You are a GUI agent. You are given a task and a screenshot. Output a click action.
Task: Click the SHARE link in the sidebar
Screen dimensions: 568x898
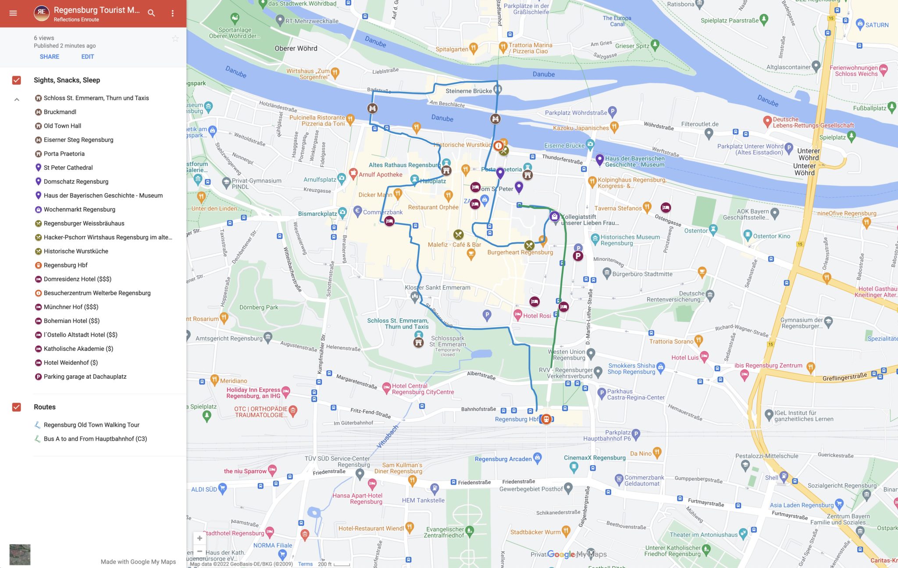coord(49,57)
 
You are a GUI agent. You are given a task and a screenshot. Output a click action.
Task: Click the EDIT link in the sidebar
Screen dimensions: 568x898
coord(87,57)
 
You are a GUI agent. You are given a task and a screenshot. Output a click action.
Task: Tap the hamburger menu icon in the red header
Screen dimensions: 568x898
coord(13,13)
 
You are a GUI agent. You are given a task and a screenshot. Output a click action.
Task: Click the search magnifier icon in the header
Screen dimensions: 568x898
coord(151,13)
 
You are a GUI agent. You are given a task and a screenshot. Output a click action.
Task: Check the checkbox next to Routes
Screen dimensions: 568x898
coord(17,407)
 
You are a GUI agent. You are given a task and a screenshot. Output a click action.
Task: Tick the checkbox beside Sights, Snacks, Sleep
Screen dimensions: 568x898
coord(17,80)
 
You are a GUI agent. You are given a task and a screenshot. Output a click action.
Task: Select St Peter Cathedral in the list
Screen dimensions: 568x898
coord(68,168)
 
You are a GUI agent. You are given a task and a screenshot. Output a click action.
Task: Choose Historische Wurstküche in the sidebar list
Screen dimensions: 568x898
coord(76,251)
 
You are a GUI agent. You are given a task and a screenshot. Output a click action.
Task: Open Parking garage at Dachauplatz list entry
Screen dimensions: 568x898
coord(85,377)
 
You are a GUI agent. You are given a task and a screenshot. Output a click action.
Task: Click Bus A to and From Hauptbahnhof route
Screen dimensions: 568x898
coord(95,439)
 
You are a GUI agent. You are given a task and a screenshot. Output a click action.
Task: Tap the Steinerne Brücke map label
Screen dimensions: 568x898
coord(468,91)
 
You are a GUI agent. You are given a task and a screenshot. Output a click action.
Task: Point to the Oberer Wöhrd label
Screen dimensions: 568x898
coord(296,48)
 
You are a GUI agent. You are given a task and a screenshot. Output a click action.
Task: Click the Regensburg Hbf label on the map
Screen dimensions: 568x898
coord(517,419)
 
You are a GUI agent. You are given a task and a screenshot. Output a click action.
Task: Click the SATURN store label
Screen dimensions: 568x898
coord(877,25)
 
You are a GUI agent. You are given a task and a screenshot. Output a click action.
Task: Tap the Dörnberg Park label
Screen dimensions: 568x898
coord(259,307)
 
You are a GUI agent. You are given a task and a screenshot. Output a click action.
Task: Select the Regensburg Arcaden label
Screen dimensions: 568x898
coord(503,459)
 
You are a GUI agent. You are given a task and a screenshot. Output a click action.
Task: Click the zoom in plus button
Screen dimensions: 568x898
coord(200,538)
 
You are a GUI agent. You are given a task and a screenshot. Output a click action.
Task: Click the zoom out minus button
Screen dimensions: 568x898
coord(200,551)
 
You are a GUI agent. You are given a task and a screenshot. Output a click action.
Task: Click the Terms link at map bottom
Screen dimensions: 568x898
coord(305,564)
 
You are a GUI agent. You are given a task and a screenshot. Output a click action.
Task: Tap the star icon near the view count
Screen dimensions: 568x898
coord(175,39)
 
